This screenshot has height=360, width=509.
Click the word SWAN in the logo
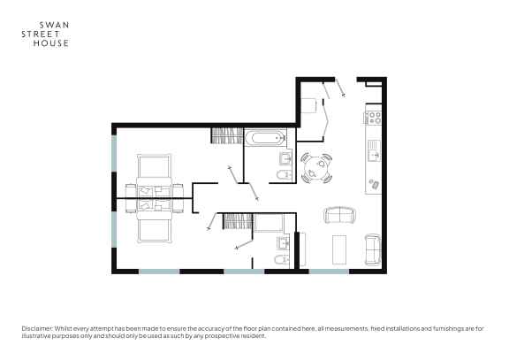54,25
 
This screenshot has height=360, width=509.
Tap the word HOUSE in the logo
51,43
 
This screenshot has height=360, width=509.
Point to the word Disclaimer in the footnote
37,328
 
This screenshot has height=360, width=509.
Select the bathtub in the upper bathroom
266,138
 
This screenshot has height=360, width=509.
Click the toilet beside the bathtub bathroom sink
285,175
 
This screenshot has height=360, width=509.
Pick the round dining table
316,168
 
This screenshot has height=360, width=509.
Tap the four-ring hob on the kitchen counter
373,118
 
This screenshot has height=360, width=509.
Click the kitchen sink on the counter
374,150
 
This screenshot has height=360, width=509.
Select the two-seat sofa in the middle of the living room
339,215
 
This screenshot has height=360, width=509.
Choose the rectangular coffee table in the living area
339,249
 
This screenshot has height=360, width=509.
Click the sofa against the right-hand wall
373,249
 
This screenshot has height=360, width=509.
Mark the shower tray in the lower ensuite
269,223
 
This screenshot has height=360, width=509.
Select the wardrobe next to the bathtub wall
227,135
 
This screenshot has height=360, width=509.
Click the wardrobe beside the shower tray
238,222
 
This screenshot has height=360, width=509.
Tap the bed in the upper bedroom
154,175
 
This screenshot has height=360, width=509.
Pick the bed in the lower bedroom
154,221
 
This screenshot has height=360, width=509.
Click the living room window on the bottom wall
329,272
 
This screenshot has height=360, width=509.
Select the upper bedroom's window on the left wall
114,153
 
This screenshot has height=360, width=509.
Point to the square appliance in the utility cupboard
308,106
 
